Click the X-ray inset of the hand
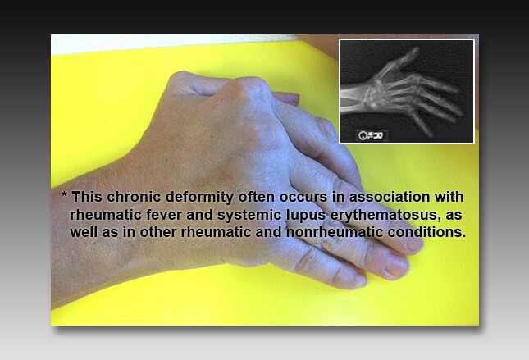pos(406,90)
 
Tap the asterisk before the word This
pos(64,198)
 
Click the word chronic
pos(135,198)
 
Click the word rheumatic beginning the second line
pos(105,216)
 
